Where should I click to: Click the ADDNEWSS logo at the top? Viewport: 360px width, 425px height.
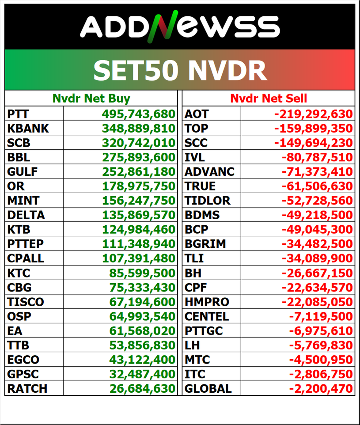click(180, 26)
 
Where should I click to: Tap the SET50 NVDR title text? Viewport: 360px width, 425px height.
click(180, 70)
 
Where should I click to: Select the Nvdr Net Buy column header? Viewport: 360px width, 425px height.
click(91, 98)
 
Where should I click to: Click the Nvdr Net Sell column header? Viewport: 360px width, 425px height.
click(269, 98)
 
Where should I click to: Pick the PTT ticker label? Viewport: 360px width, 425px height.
click(18, 114)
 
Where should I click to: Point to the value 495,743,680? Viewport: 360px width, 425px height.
click(139, 114)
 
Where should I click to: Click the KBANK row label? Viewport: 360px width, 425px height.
click(28, 129)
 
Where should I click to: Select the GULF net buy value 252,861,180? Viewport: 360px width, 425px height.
click(139, 172)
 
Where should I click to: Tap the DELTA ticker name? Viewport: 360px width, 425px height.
click(26, 215)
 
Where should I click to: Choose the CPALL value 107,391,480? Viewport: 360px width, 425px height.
click(139, 258)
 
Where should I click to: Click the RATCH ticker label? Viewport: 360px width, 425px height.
click(27, 389)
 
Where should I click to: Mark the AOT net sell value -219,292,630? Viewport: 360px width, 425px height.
click(314, 114)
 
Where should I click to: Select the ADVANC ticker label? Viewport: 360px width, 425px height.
click(210, 172)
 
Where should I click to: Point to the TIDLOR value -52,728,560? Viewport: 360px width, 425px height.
click(317, 201)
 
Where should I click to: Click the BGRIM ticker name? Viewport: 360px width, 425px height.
click(205, 244)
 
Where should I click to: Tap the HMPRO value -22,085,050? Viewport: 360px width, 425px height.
click(317, 302)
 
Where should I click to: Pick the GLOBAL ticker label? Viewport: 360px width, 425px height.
click(208, 389)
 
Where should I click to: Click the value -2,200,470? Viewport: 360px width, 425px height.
click(321, 389)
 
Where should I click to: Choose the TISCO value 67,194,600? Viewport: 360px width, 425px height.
click(142, 302)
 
